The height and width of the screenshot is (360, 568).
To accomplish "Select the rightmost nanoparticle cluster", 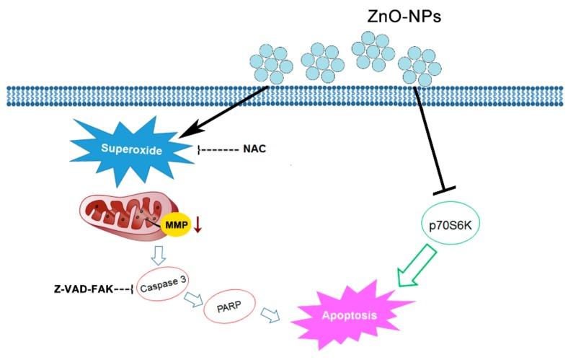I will pos(421,66).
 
